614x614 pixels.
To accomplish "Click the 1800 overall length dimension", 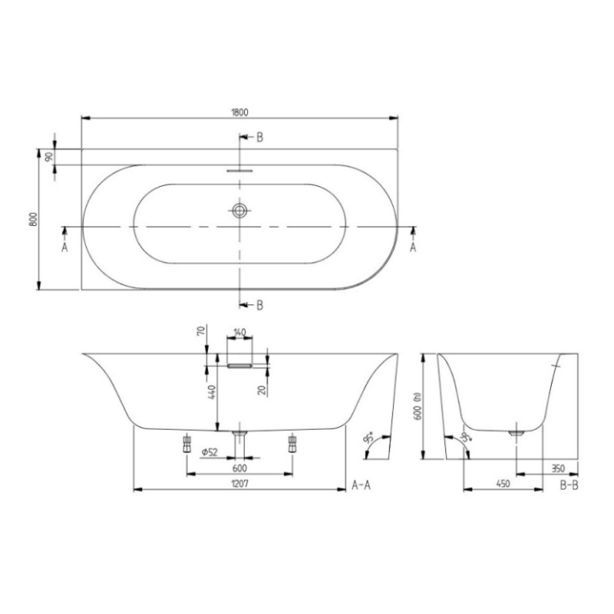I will point(240,109).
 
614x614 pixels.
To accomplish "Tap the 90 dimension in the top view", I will point(49,157).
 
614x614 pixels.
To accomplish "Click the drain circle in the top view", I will point(241,209).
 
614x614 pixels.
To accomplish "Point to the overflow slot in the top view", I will point(241,170).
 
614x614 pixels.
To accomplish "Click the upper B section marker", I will point(259,137).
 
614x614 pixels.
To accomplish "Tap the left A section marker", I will point(65,247).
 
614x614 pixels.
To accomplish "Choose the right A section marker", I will point(414,247).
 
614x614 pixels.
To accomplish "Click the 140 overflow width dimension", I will point(239,332).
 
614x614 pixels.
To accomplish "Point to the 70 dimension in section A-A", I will point(202,330).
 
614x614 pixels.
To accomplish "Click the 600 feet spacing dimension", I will point(239,468).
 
